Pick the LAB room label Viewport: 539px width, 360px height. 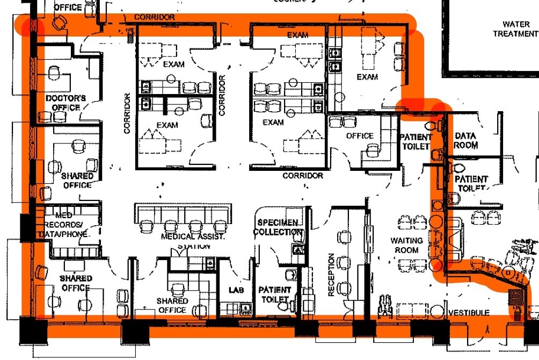[236, 290]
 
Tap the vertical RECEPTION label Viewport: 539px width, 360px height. [331, 275]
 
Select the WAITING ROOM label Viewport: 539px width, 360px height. [406, 245]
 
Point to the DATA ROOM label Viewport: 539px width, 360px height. [465, 141]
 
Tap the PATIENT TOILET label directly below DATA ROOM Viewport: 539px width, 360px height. [471, 183]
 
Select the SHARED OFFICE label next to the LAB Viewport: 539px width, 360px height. [172, 305]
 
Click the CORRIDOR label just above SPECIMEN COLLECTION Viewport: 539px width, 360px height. [303, 176]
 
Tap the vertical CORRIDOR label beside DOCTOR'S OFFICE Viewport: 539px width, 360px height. [127, 113]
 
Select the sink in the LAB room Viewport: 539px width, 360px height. [246, 308]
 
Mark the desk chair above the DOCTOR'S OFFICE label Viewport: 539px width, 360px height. [54, 71]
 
